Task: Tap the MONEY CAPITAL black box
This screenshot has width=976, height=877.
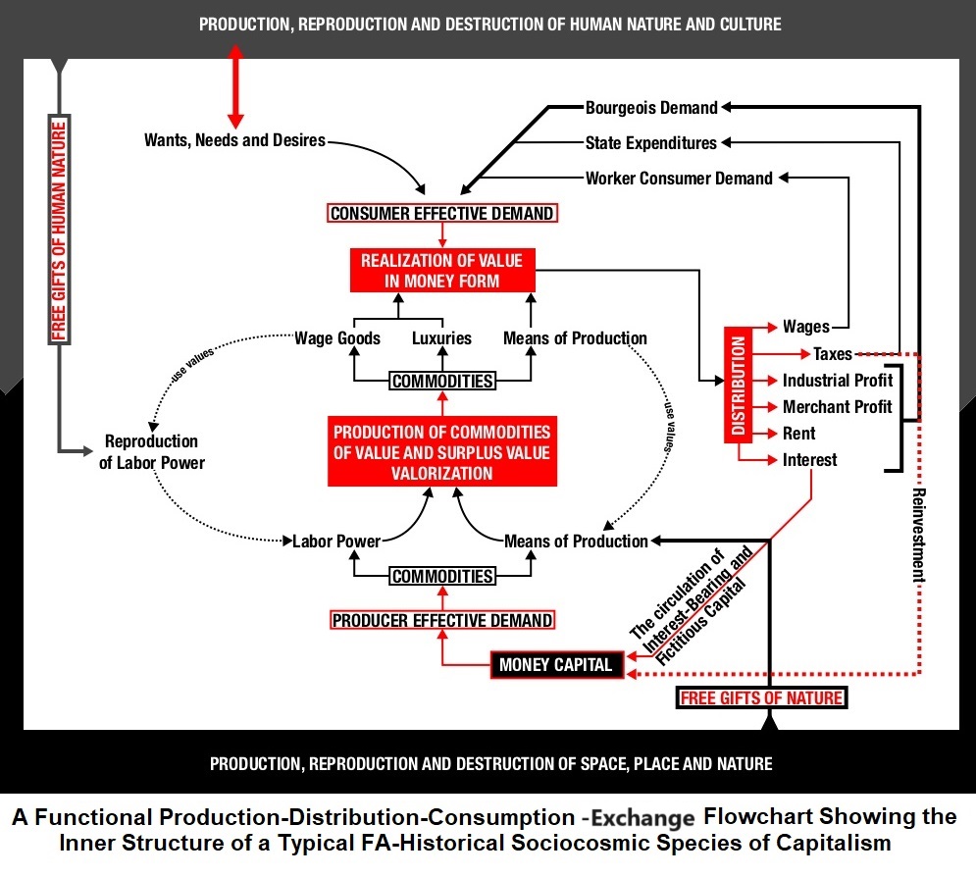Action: (x=555, y=664)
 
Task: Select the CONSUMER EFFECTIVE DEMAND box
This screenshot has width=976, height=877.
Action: (x=442, y=213)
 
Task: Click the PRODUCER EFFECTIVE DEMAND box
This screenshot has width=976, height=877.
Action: (x=442, y=620)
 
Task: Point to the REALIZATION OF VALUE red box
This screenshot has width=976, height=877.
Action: (x=442, y=270)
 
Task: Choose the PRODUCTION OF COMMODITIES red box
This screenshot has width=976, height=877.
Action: (x=442, y=451)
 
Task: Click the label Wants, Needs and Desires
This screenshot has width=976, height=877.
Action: (x=234, y=140)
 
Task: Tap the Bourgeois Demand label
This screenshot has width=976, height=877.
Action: (x=651, y=107)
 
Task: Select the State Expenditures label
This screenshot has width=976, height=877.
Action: (x=651, y=143)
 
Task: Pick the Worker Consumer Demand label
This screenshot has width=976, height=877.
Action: (x=679, y=179)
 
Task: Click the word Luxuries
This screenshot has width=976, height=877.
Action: (x=441, y=338)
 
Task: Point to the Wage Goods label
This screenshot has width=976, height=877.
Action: (x=337, y=338)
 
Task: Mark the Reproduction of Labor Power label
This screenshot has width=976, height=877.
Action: (x=152, y=451)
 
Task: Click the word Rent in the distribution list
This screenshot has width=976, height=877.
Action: (x=799, y=433)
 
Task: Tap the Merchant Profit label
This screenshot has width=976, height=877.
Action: (x=837, y=406)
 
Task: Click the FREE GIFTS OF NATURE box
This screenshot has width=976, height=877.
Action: (x=761, y=697)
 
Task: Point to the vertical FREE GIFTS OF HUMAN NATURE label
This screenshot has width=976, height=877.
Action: (x=61, y=230)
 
